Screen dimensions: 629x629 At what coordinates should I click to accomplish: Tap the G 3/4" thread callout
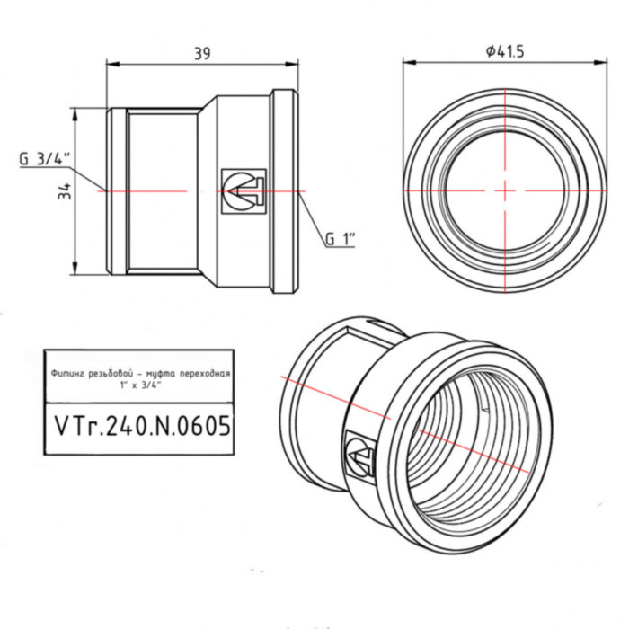pos(45,159)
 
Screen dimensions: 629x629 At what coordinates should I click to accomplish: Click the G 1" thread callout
pos(341,239)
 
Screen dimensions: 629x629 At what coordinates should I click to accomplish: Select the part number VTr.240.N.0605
pos(139,425)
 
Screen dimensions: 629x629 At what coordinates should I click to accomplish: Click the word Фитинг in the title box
pos(68,372)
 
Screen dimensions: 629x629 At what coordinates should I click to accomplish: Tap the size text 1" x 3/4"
pos(139,384)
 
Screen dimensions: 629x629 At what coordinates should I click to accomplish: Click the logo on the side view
pos(243,191)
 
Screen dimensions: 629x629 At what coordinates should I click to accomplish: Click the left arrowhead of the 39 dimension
pos(111,63)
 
